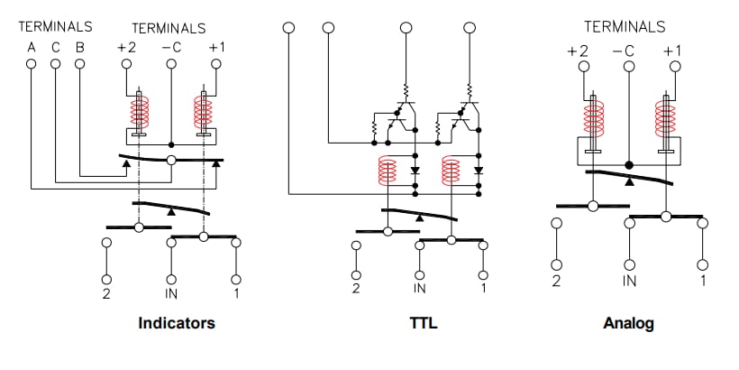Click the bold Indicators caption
(x=177, y=323)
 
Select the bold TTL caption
(x=423, y=323)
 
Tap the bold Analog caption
(x=628, y=323)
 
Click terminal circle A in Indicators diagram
(x=32, y=64)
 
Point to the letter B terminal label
(x=79, y=47)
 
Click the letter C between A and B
(x=56, y=47)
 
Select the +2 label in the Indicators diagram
(x=126, y=47)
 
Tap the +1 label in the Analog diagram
(x=671, y=50)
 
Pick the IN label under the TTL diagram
(x=419, y=289)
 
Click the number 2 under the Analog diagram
(x=556, y=281)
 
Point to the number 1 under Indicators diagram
(x=237, y=293)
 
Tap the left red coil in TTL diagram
(x=388, y=170)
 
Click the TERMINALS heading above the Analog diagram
(x=625, y=27)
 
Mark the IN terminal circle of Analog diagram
(x=628, y=264)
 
